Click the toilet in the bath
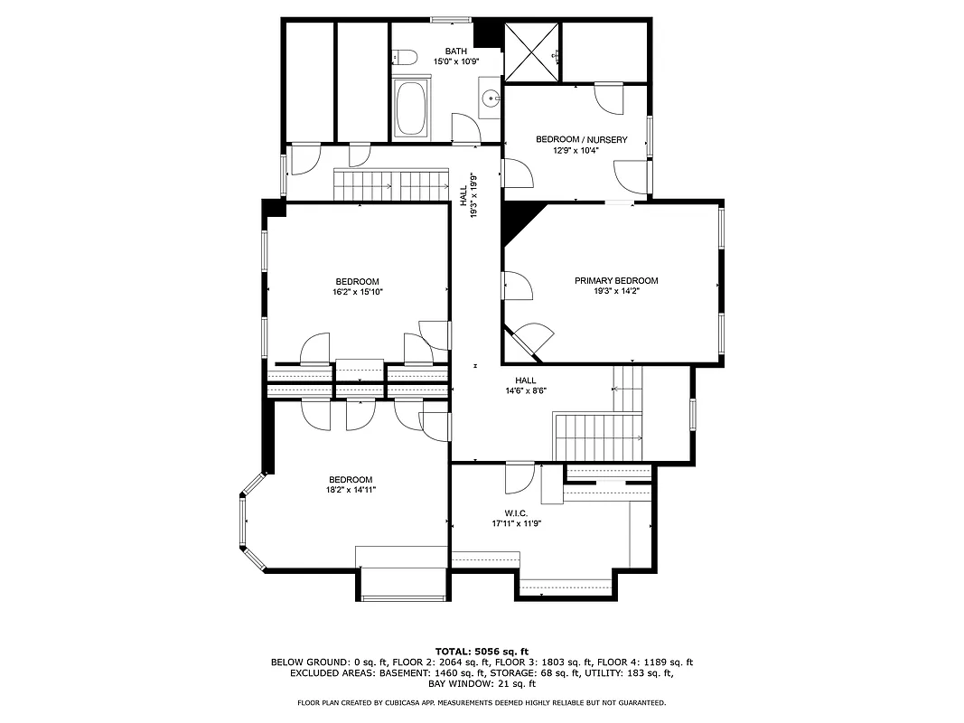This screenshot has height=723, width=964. [405, 59]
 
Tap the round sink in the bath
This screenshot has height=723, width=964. [491, 99]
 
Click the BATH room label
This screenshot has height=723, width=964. [456, 51]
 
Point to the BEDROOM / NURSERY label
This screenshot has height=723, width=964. [581, 139]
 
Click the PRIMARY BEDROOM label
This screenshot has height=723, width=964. [616, 281]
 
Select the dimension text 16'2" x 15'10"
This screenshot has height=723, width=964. [357, 292]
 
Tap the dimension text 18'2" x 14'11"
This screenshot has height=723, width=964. [351, 490]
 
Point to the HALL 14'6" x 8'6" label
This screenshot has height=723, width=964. [526, 386]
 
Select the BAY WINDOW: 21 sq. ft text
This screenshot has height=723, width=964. [482, 684]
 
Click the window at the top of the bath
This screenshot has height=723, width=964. [450, 19]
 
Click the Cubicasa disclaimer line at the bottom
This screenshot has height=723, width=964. [482, 702]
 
